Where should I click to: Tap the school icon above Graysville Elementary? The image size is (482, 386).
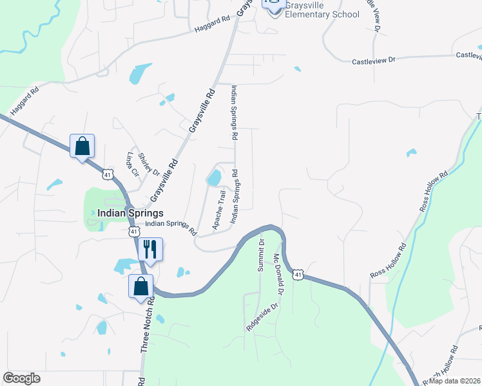click(x=274, y=4)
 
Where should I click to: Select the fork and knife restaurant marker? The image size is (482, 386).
click(x=150, y=250)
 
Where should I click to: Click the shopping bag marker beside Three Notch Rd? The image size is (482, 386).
click(x=141, y=286)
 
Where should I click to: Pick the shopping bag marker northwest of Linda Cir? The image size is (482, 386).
click(x=82, y=146)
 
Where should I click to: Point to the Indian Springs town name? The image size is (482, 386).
click(x=130, y=213)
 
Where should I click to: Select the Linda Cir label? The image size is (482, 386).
click(x=133, y=165)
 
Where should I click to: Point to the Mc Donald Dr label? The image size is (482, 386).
click(x=278, y=274)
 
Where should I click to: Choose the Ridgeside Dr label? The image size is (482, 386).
click(x=262, y=317)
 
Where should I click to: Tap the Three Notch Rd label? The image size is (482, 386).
click(x=147, y=324)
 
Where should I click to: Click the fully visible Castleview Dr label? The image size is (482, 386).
click(x=373, y=61)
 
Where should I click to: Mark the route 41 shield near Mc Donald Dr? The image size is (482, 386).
click(x=297, y=275)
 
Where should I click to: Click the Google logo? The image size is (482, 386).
click(x=21, y=378)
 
